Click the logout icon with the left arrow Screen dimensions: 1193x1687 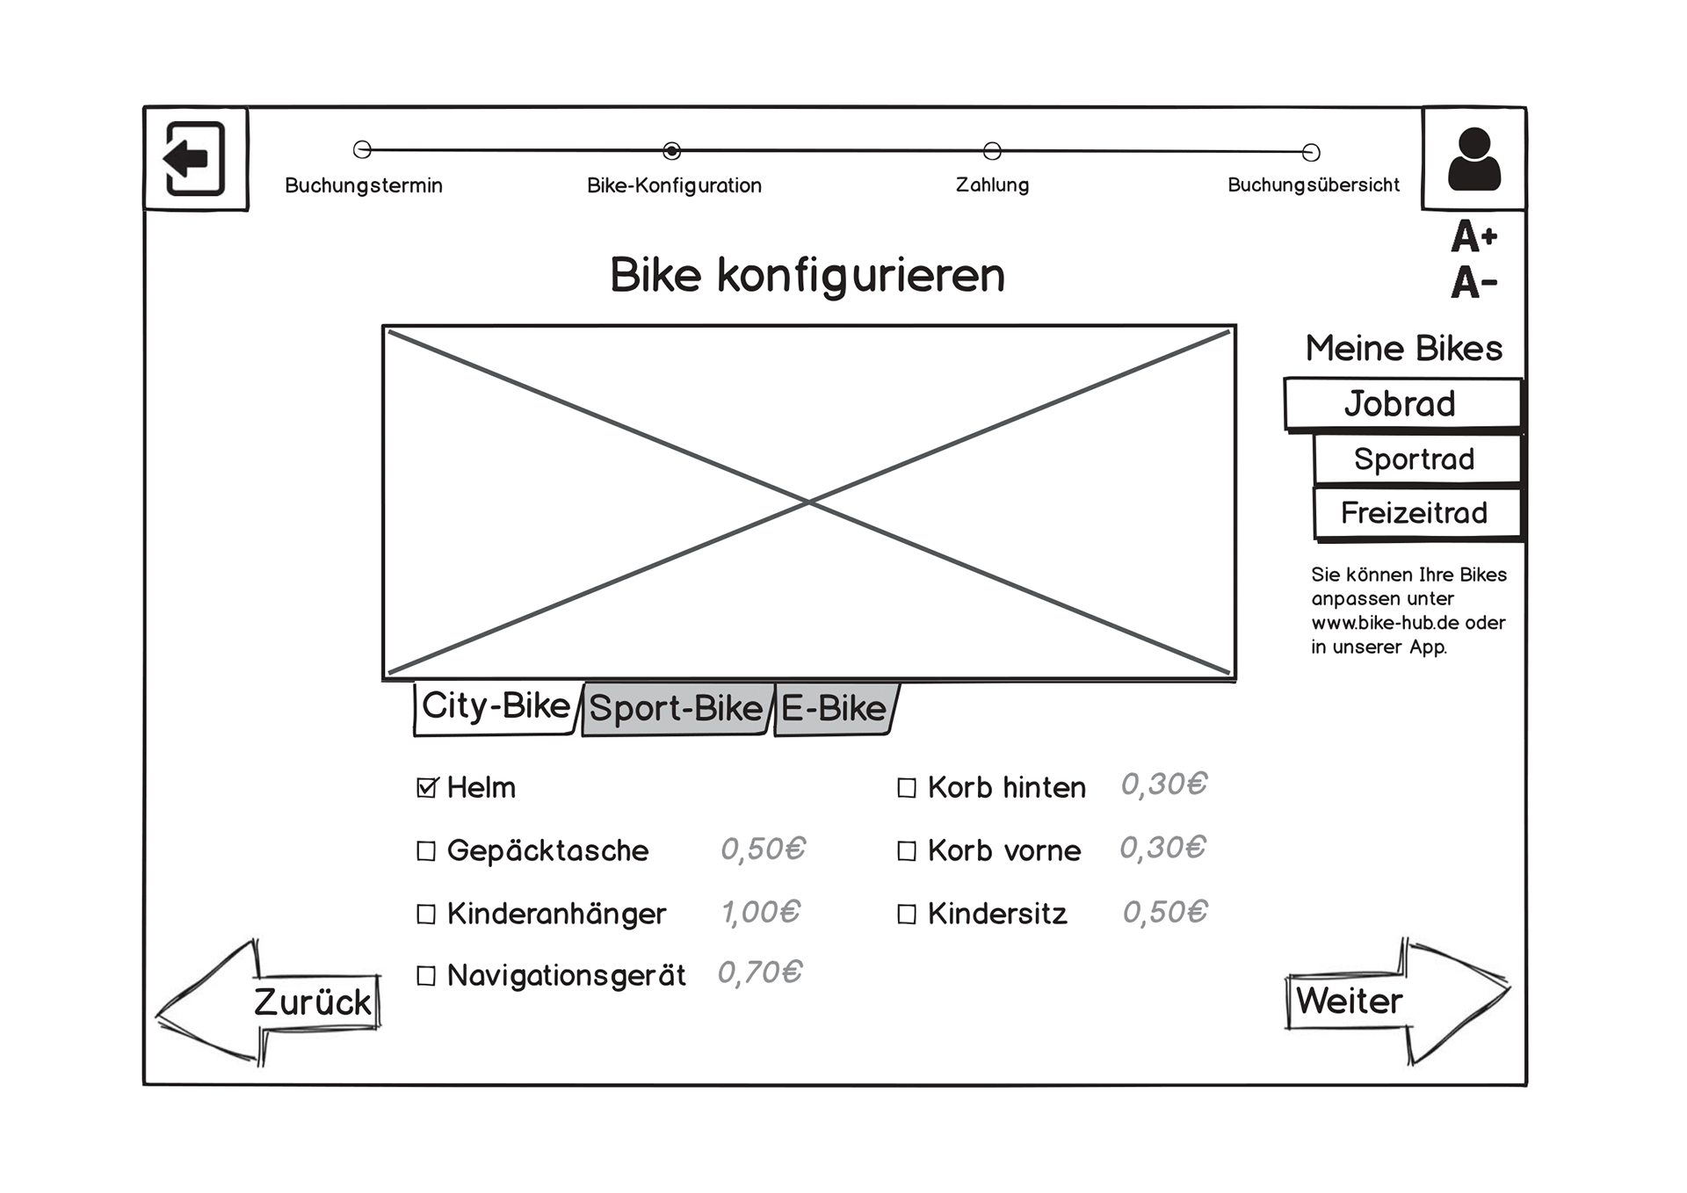(195, 159)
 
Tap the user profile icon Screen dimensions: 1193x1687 (1473, 159)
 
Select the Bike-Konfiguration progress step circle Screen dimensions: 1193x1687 (671, 151)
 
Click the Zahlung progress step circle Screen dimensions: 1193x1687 (992, 151)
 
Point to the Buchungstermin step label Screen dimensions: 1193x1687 (363, 185)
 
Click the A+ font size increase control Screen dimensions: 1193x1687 (1473, 236)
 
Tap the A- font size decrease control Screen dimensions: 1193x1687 (1473, 283)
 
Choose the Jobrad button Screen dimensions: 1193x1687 (1401, 404)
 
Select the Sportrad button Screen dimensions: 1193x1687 (1415, 459)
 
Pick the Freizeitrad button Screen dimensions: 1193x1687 (1415, 513)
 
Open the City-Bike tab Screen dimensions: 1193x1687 (496, 706)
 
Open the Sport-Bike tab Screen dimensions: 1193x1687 (676, 708)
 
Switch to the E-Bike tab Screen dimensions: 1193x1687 (834, 708)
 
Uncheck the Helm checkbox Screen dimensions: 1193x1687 (427, 788)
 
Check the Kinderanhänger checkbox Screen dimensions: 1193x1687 (426, 915)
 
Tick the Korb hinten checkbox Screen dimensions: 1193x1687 (907, 788)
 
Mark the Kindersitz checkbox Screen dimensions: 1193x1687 (907, 915)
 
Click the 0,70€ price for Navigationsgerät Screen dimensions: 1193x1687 (760, 973)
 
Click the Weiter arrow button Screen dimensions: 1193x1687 (1397, 1001)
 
